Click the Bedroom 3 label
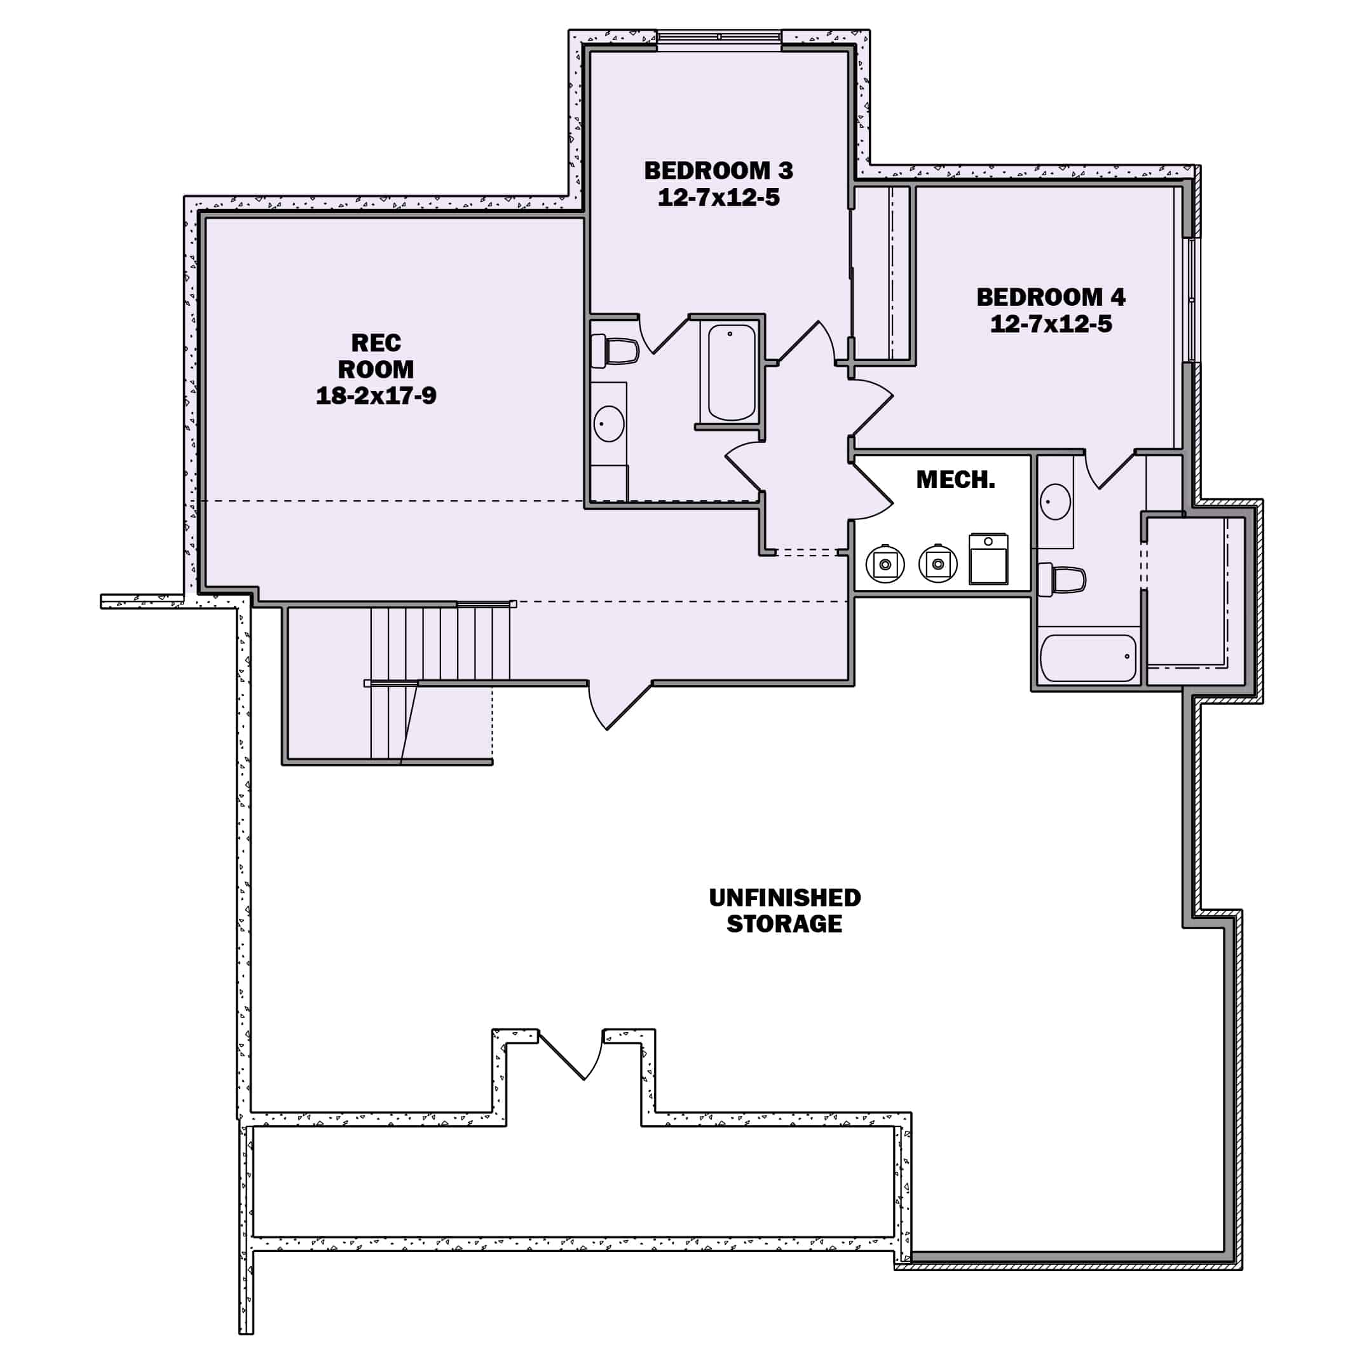pyautogui.click(x=718, y=171)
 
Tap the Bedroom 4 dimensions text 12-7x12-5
pyautogui.click(x=1051, y=324)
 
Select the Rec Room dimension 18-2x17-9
pyautogui.click(x=376, y=395)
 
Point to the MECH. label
pyautogui.click(x=955, y=480)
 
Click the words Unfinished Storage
pyautogui.click(x=784, y=910)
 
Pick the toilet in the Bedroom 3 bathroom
pyautogui.click(x=617, y=351)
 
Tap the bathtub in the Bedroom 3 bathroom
pyautogui.click(x=732, y=372)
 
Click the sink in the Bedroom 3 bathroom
pyautogui.click(x=608, y=423)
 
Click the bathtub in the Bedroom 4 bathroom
pyautogui.click(x=1088, y=658)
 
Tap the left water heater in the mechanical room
pyautogui.click(x=885, y=563)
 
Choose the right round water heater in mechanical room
pyautogui.click(x=938, y=563)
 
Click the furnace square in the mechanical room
pyautogui.click(x=988, y=559)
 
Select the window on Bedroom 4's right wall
pyautogui.click(x=1191, y=300)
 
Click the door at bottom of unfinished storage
pyautogui.click(x=572, y=1056)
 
